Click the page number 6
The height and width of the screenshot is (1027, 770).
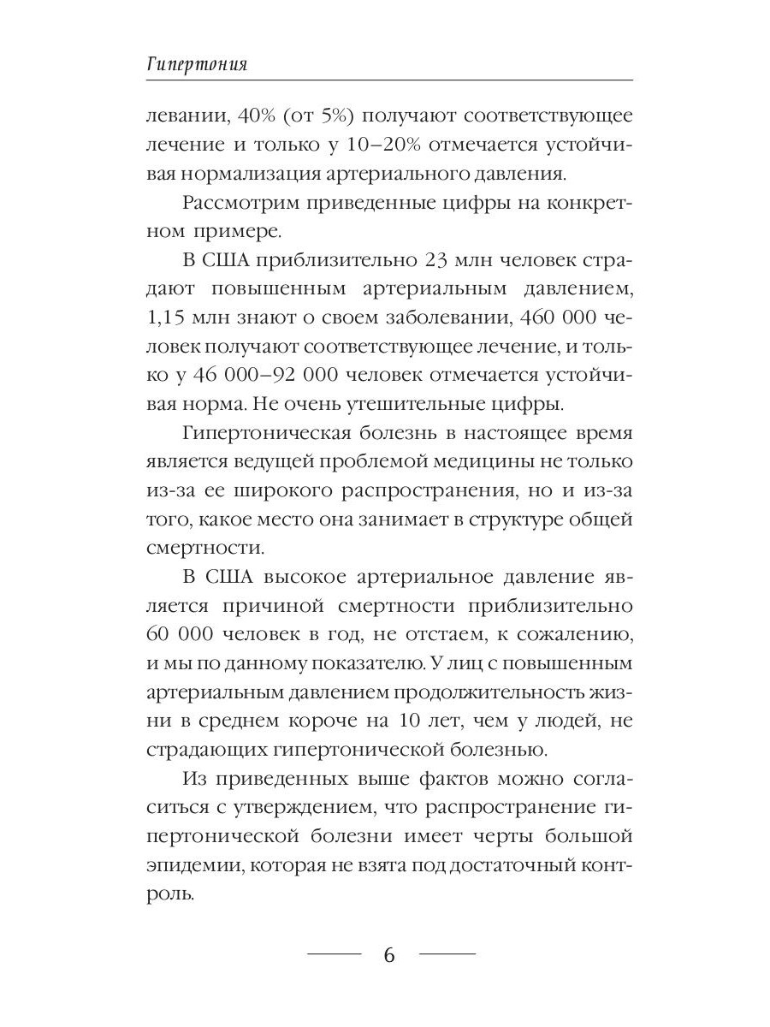(390, 955)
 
